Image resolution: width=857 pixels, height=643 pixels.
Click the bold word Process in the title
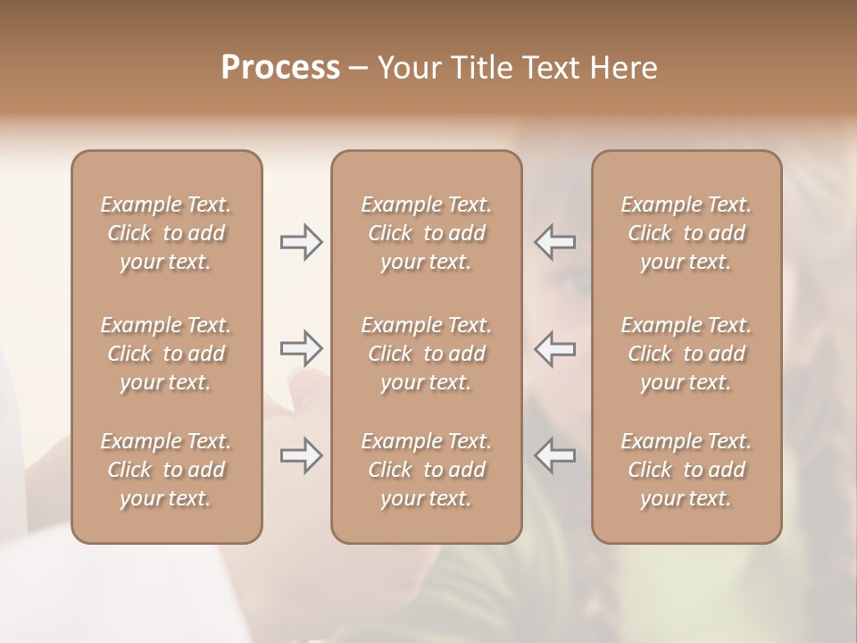(280, 68)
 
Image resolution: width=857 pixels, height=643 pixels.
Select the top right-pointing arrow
(301, 242)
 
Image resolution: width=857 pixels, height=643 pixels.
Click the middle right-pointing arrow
(301, 348)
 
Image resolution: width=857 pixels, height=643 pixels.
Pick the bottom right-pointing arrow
(301, 455)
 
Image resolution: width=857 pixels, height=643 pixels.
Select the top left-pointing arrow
(555, 242)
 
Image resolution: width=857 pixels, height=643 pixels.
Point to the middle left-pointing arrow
(555, 348)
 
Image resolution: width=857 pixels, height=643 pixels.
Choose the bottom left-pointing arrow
(555, 455)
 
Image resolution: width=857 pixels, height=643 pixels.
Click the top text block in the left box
(166, 233)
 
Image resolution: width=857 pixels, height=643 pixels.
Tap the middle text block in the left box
(166, 354)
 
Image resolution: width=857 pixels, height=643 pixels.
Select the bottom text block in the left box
(166, 470)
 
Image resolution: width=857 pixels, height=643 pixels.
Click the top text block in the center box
(427, 233)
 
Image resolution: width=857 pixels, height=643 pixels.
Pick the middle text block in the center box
(427, 354)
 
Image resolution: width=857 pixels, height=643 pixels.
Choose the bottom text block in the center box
(427, 470)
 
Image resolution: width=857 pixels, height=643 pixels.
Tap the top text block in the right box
(686, 233)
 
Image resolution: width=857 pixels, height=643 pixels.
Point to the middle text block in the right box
(686, 354)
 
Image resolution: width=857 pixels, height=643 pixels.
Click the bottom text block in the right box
(686, 470)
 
